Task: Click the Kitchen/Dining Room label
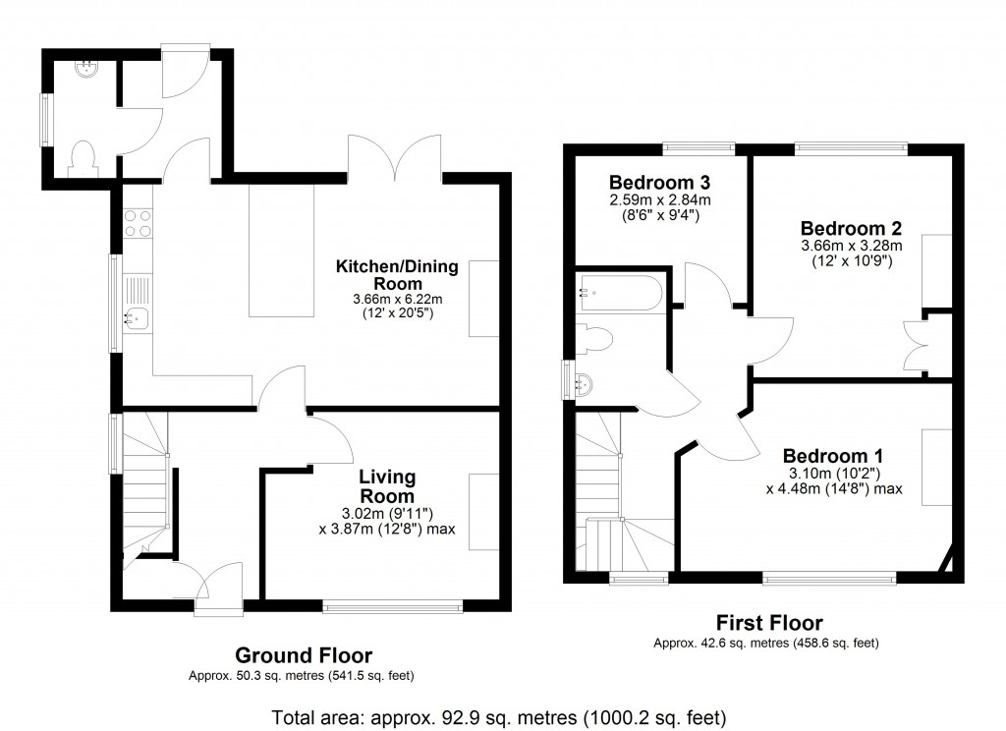(x=397, y=275)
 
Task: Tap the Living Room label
(x=387, y=486)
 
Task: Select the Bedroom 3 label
(x=659, y=183)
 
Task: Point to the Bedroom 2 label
(x=852, y=229)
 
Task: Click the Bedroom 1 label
(x=833, y=456)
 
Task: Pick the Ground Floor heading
(x=304, y=655)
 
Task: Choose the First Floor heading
(x=769, y=623)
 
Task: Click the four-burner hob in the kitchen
(x=138, y=223)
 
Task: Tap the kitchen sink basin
(x=137, y=317)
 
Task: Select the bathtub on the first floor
(x=620, y=294)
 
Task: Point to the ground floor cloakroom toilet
(x=84, y=158)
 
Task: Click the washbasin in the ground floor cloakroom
(x=86, y=69)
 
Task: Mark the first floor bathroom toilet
(x=590, y=338)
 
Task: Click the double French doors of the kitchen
(x=395, y=157)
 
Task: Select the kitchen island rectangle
(x=282, y=251)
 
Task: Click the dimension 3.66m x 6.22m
(x=398, y=299)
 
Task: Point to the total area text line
(x=498, y=717)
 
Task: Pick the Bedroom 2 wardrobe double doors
(x=916, y=346)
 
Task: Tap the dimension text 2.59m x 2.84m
(x=660, y=200)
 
